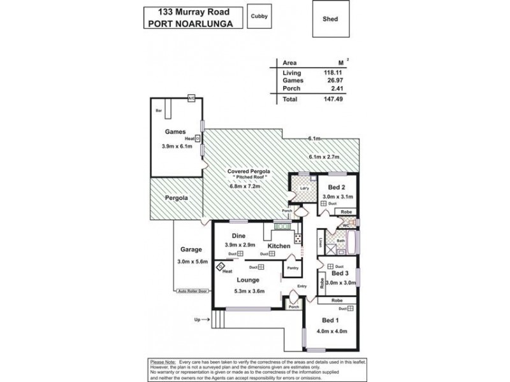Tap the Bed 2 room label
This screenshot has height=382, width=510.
[x=337, y=188]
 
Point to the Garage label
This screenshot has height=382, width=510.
[x=191, y=250]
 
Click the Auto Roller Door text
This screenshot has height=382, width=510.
[x=193, y=291]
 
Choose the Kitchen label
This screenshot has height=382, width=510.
[x=279, y=246]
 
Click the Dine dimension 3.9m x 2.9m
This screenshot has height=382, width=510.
[x=240, y=245]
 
